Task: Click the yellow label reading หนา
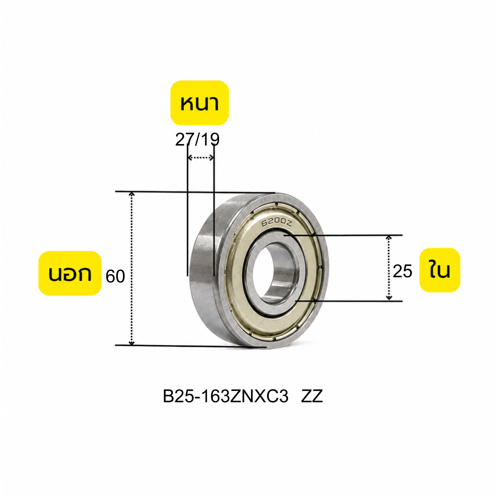pos(199,103)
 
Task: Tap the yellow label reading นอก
pos(70,273)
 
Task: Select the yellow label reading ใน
pos(439,270)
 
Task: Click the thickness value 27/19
pos(197,140)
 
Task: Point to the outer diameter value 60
pos(115,276)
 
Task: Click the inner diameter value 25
pos(402,271)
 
